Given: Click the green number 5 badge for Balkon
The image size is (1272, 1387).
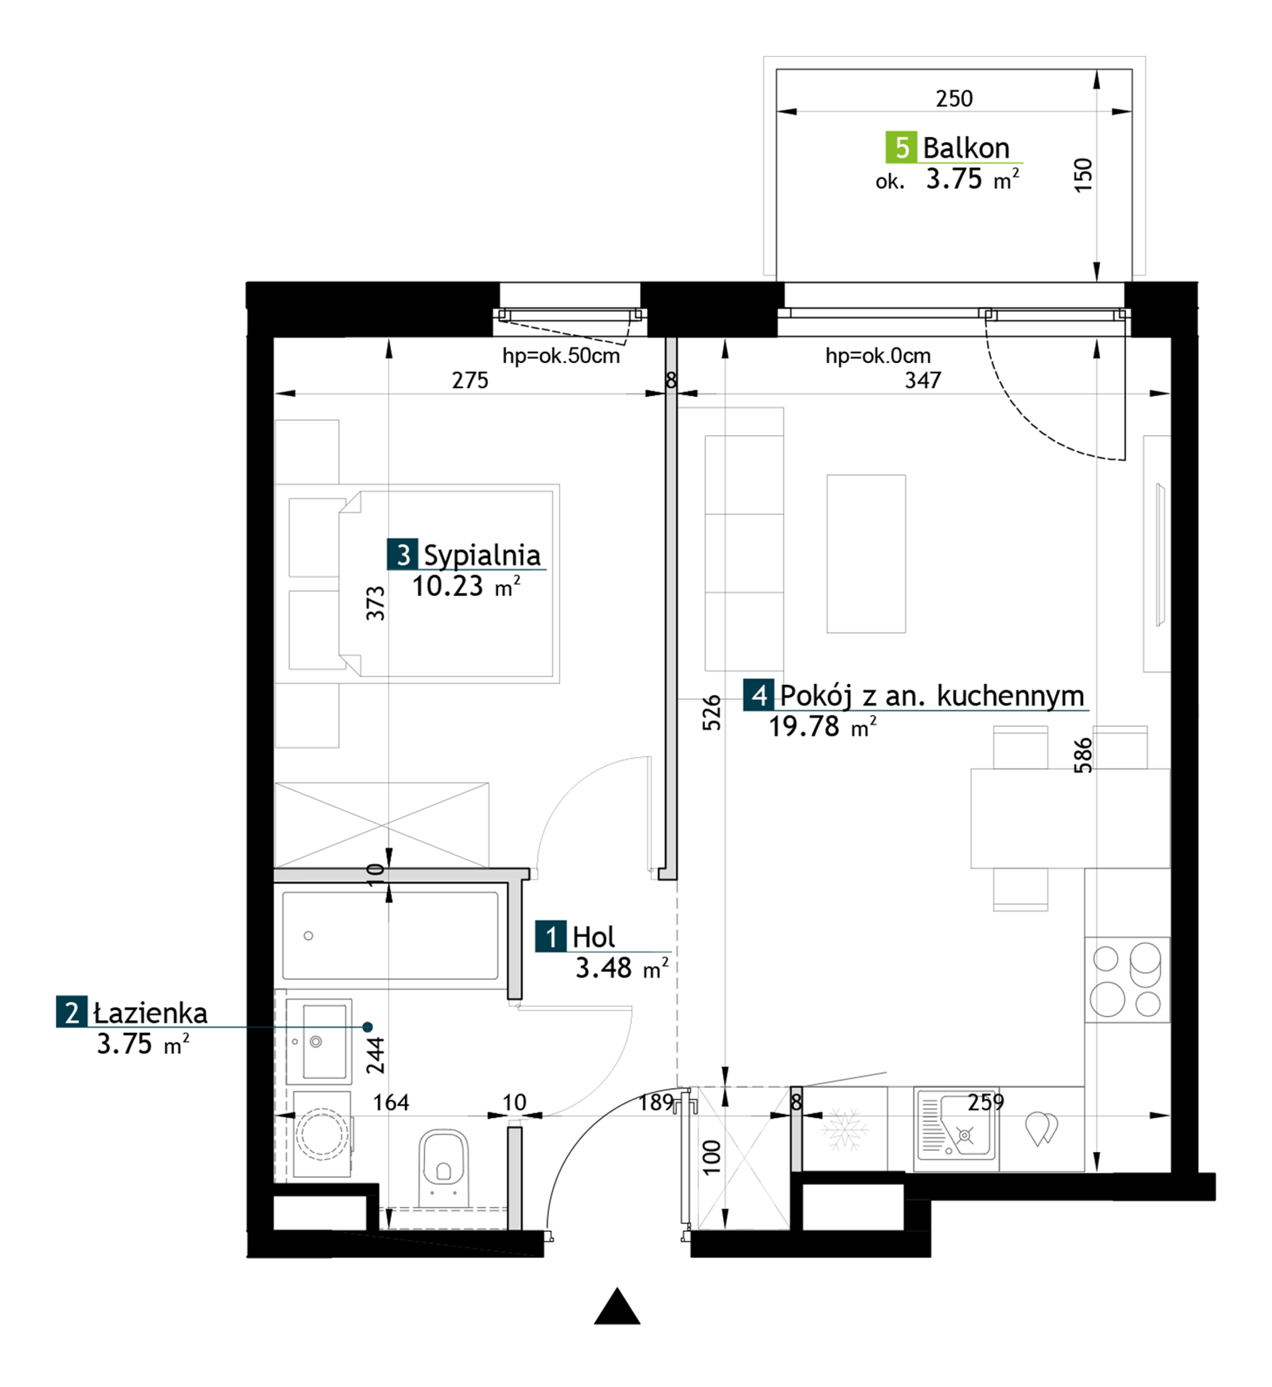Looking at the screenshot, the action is [901, 147].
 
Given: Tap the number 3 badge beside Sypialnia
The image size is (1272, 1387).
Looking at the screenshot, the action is [402, 554].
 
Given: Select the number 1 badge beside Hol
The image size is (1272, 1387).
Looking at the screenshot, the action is [551, 936].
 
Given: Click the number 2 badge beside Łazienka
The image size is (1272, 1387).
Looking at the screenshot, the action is [72, 1012].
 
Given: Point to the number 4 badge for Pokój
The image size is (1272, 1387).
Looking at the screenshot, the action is [759, 696].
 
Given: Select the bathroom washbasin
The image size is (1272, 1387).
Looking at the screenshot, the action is [319, 1042].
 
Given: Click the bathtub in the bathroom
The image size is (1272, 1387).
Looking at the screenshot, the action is [390, 935].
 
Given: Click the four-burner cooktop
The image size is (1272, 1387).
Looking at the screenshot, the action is [1127, 979].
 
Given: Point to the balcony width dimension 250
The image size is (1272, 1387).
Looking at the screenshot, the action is [954, 99].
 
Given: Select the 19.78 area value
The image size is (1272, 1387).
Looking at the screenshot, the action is [804, 727].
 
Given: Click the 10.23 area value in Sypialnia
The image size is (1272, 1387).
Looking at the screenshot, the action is [447, 586].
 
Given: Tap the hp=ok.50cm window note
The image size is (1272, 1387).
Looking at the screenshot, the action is [561, 356].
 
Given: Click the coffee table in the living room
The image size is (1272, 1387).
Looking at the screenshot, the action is [866, 554].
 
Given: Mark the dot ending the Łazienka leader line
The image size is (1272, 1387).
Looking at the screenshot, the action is [368, 1027].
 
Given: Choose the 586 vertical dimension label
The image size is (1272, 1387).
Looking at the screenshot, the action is [1083, 755].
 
